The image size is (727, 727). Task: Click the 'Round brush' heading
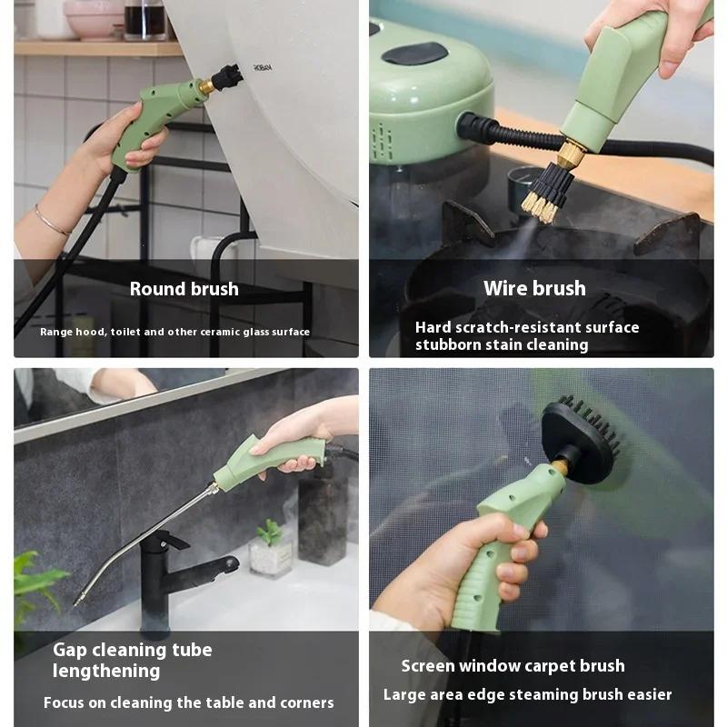tap(184, 289)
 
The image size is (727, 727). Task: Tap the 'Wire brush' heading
tap(534, 289)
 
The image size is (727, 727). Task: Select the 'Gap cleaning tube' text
tap(132, 650)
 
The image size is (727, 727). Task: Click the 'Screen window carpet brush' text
tap(513, 666)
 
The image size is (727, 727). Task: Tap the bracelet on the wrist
tap(52, 221)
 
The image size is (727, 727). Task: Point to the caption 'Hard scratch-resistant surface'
tap(527, 327)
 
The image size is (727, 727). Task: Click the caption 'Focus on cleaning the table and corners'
tap(188, 702)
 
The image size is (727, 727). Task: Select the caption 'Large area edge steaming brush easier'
tap(527, 695)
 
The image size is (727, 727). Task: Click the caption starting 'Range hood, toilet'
tap(174, 333)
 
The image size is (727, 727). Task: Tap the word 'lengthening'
tap(106, 672)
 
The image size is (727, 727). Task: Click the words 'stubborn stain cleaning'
tap(502, 345)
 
